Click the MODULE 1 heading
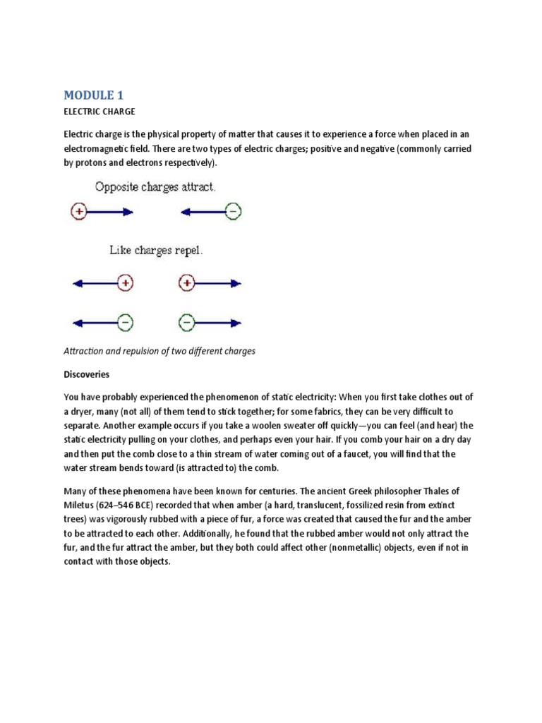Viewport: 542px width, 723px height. (x=93, y=95)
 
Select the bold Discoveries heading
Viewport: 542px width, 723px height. (x=87, y=374)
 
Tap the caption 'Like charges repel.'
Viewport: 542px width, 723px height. (x=155, y=251)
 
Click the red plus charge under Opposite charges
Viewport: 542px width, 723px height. (x=79, y=211)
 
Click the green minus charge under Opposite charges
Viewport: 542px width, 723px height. (x=234, y=211)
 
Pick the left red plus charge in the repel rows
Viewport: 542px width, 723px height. (x=125, y=283)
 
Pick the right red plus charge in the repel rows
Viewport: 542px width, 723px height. (x=187, y=283)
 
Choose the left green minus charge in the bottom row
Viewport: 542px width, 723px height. (x=125, y=323)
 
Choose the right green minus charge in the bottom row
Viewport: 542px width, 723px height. (x=187, y=323)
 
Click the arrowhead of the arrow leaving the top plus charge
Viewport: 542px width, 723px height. (x=128, y=211)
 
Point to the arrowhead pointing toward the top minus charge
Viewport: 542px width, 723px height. (x=185, y=211)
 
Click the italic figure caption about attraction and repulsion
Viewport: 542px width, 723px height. (x=159, y=351)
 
